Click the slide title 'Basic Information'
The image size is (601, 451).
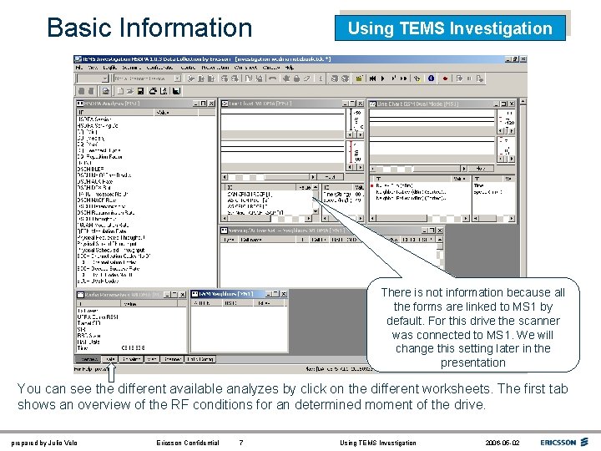(149, 28)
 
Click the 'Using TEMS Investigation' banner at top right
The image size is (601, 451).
(450, 28)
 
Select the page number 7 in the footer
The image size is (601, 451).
(241, 443)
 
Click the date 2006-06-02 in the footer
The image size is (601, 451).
(501, 443)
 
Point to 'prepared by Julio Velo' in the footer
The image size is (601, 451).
(43, 443)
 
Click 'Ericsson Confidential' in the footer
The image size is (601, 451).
(188, 443)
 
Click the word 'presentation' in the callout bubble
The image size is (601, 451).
(472, 362)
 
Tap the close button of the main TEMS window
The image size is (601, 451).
(522, 60)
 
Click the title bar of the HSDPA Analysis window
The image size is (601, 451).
(134, 104)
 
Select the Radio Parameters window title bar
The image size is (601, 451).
(125, 294)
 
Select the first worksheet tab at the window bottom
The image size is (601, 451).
(88, 359)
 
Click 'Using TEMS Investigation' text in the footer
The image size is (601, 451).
(378, 443)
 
